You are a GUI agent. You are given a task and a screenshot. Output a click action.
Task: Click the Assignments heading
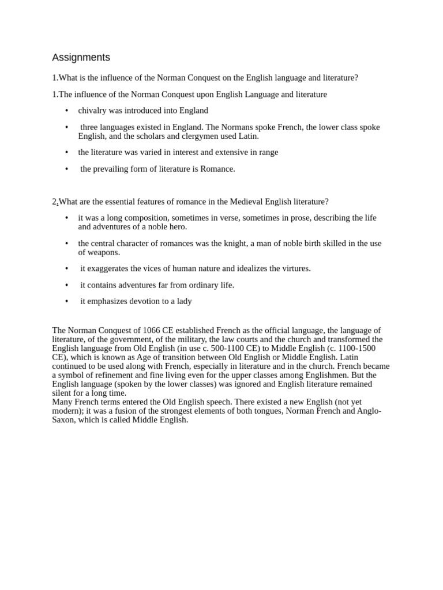point(81,58)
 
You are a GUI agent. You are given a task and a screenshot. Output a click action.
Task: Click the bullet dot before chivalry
point(67,111)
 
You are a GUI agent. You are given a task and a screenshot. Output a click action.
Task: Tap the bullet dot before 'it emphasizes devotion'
point(67,301)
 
